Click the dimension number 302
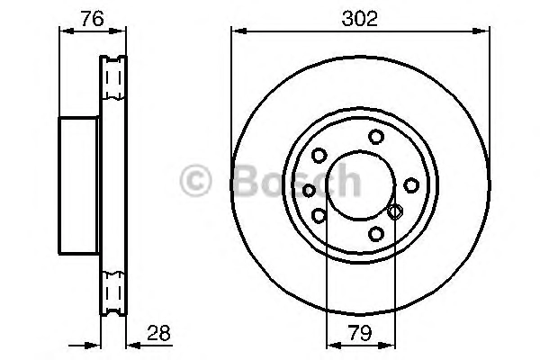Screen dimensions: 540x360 [x=359, y=18]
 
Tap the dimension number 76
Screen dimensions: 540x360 [x=93, y=18]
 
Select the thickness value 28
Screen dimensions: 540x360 [x=158, y=333]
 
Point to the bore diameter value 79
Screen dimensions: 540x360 [x=360, y=333]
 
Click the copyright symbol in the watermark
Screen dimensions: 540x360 [x=195, y=181]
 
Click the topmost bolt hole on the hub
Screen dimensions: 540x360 [x=376, y=137]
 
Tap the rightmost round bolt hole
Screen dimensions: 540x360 [x=411, y=185]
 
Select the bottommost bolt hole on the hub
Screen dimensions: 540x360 [x=376, y=234]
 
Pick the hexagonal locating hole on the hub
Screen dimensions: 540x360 [x=395, y=211]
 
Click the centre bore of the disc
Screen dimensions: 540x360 [x=361, y=185]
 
